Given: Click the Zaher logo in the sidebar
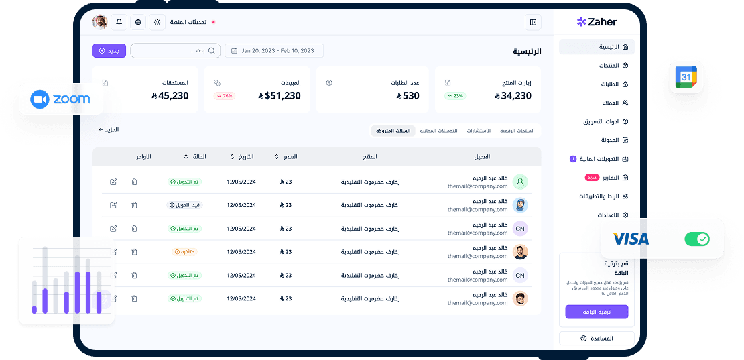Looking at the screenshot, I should click(597, 22).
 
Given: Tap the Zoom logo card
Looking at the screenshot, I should click(60, 99).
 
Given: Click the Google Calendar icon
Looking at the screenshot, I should click(686, 77).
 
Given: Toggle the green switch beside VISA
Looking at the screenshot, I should click(696, 239).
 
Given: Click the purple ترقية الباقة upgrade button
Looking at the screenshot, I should click(597, 312).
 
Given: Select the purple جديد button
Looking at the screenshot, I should click(109, 50).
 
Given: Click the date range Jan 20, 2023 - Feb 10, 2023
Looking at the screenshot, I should click(273, 50).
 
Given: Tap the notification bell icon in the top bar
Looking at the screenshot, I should click(119, 22).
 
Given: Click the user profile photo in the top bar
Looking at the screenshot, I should click(100, 22).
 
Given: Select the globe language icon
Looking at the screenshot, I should click(138, 22).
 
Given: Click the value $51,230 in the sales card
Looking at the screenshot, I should click(279, 96).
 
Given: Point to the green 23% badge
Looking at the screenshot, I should click(456, 96).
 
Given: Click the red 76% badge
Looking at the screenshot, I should click(225, 96).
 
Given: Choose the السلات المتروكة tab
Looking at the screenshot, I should click(393, 131).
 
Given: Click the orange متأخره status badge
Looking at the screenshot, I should click(184, 252).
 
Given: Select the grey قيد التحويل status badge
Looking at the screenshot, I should click(184, 205).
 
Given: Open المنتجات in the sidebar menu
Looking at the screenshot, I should click(609, 66).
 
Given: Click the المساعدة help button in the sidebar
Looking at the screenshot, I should click(597, 339).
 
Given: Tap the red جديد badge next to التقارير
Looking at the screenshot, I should click(593, 178).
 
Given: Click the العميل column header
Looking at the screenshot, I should click(481, 157).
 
